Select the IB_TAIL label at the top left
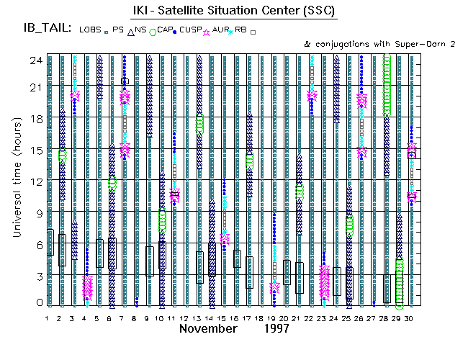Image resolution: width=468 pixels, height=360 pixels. pos(47,29)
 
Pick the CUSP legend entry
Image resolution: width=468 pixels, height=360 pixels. pos(192,30)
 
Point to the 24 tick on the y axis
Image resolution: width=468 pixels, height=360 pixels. pos(34,61)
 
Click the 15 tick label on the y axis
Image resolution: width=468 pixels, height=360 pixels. pos(34,150)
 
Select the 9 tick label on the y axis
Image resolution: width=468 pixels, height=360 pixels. pos(37,213)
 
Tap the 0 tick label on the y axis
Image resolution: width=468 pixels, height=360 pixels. pos(37,302)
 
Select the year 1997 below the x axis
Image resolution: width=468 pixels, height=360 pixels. pos(275,329)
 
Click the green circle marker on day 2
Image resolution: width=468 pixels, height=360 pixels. pos(63,155)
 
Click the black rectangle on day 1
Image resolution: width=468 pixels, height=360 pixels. pos(50,242)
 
